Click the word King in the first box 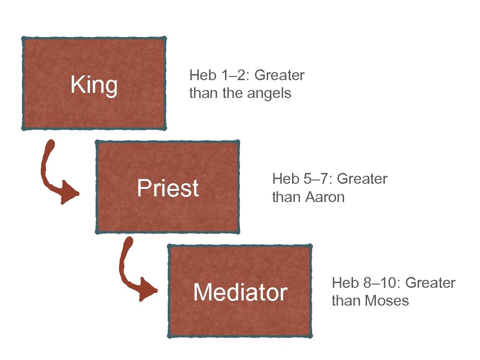[x=94, y=86]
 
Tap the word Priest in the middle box [x=168, y=188]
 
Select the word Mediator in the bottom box [x=240, y=292]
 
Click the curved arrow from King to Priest [x=55, y=176]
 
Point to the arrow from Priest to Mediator [x=133, y=272]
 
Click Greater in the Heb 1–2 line [x=279, y=75]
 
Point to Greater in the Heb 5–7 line [x=362, y=179]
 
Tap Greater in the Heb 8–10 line [x=430, y=283]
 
